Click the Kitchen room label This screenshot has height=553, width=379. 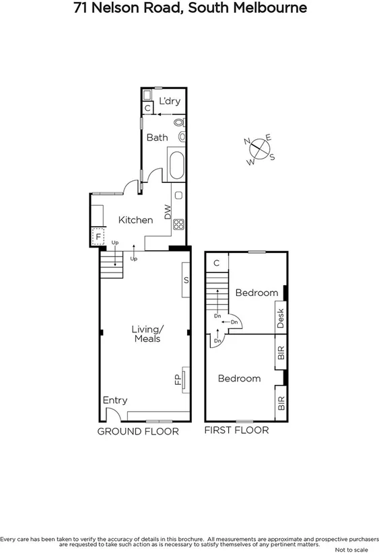[135, 220]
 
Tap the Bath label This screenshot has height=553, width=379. [157, 138]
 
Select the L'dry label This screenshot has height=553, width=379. [170, 102]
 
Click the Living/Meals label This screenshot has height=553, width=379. [147, 334]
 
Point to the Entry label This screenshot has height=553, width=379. [114, 400]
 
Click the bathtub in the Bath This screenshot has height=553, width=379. [177, 165]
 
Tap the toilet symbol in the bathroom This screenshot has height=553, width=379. [179, 123]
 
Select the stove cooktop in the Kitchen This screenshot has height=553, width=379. [179, 225]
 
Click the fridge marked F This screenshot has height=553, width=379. [98, 237]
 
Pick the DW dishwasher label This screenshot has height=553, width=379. [168, 214]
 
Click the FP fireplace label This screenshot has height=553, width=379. [178, 380]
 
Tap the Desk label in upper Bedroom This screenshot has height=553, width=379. [281, 318]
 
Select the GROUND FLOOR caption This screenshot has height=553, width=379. [138, 431]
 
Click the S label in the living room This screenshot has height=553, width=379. [186, 280]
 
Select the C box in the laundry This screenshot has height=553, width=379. [147, 107]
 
